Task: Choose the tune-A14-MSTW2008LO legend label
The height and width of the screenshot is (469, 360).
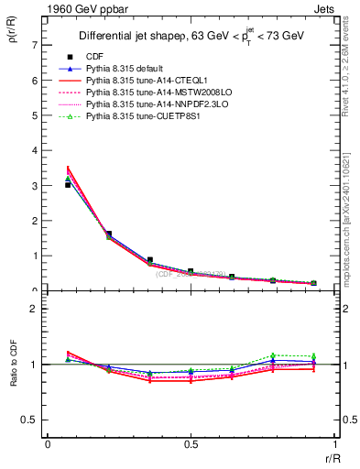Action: pyautogui.click(x=150, y=93)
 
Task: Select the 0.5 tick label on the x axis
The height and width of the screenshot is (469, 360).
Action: pyautogui.click(x=190, y=445)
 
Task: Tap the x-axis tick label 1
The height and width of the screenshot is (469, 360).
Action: pyautogui.click(x=333, y=445)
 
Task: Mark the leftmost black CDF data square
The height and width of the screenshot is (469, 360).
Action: pyautogui.click(x=68, y=185)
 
